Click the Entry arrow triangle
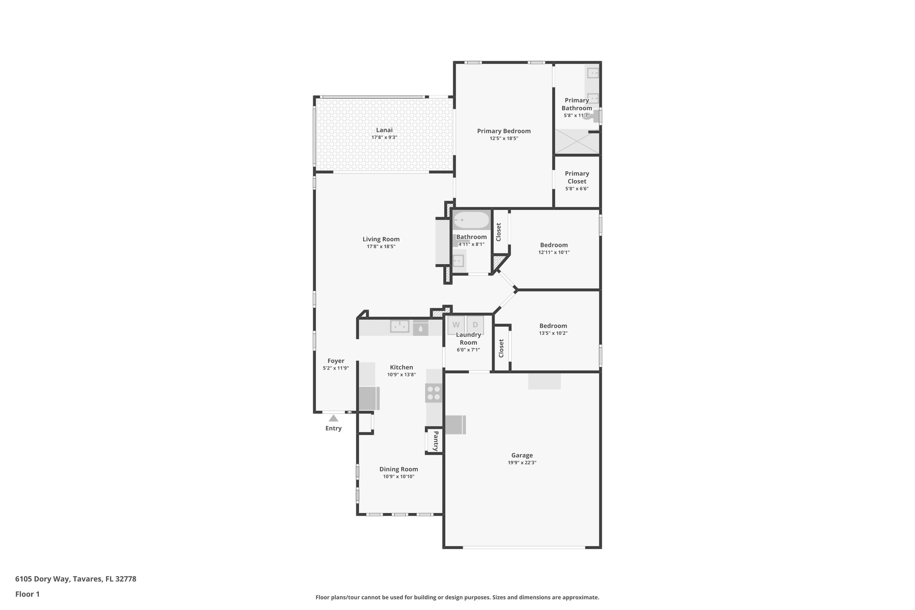click(333, 418)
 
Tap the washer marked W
click(456, 325)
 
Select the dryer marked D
click(475, 325)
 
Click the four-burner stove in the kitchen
click(434, 393)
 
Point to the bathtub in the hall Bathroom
click(471, 220)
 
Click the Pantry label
click(436, 441)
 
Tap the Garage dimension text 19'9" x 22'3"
click(522, 463)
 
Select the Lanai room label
click(384, 130)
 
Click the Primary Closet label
click(577, 177)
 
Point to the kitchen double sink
click(400, 326)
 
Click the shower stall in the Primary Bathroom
click(577, 142)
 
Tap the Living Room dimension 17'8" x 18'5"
click(381, 247)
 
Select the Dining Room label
click(399, 469)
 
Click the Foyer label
click(336, 361)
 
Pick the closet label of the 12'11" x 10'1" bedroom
click(499, 232)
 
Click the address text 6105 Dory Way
click(76, 579)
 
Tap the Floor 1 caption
click(27, 594)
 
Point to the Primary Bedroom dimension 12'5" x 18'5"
click(504, 139)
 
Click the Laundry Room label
click(468, 338)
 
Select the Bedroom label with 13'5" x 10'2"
click(553, 326)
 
